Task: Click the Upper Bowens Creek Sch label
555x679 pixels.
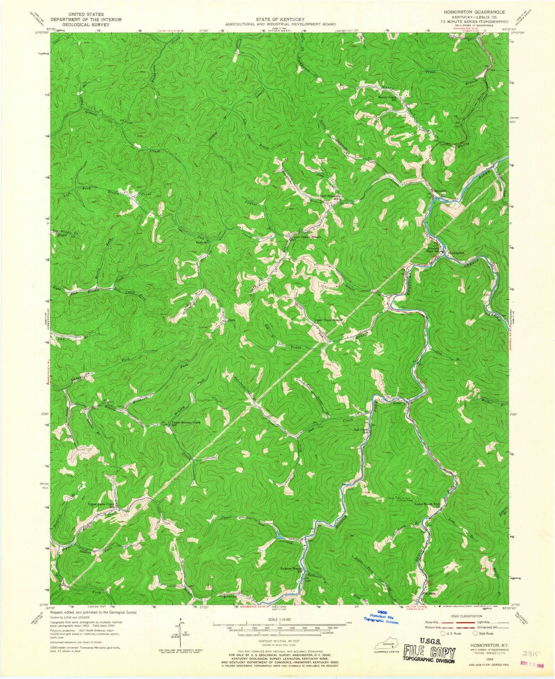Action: [186, 423]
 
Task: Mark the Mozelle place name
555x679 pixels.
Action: [430, 604]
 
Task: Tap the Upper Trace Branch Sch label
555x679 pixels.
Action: [328, 320]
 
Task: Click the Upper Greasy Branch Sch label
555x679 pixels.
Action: [307, 237]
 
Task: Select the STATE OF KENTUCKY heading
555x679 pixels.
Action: [280, 19]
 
